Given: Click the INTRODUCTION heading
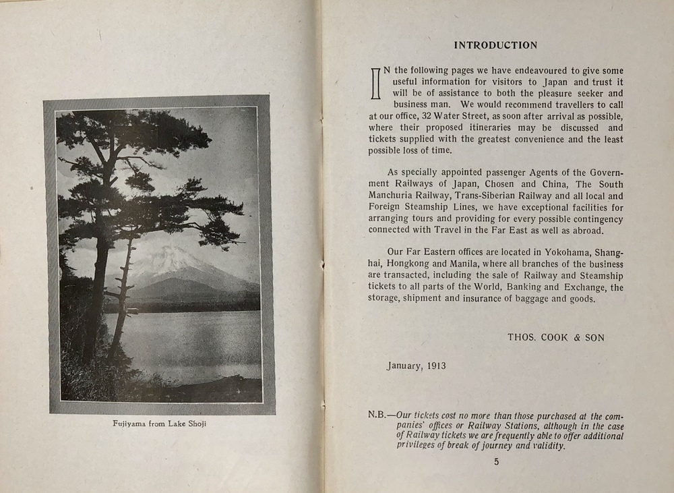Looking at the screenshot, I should coord(495,46).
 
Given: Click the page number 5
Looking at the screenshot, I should coord(497,462).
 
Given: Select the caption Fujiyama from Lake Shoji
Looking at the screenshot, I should coord(159,424).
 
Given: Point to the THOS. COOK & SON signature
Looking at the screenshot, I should coord(556,337).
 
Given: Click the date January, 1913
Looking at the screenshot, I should coord(416,366).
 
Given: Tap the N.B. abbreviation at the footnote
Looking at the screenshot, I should coord(377,415).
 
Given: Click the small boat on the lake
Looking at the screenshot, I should coord(132,311).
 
